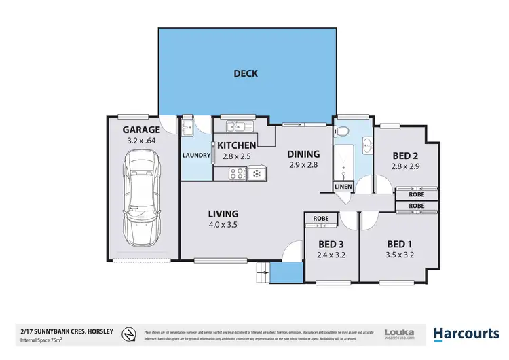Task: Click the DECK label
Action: click(x=246, y=73)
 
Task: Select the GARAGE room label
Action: click(x=141, y=130)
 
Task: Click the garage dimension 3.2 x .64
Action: click(x=141, y=141)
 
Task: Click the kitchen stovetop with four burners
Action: click(x=236, y=175)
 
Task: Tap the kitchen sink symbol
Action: click(x=236, y=125)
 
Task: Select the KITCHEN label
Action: click(x=235, y=145)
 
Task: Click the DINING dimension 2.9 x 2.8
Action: click(x=303, y=164)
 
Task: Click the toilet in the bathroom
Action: click(x=344, y=131)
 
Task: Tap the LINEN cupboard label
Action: click(x=342, y=187)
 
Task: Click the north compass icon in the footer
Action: click(x=128, y=334)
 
